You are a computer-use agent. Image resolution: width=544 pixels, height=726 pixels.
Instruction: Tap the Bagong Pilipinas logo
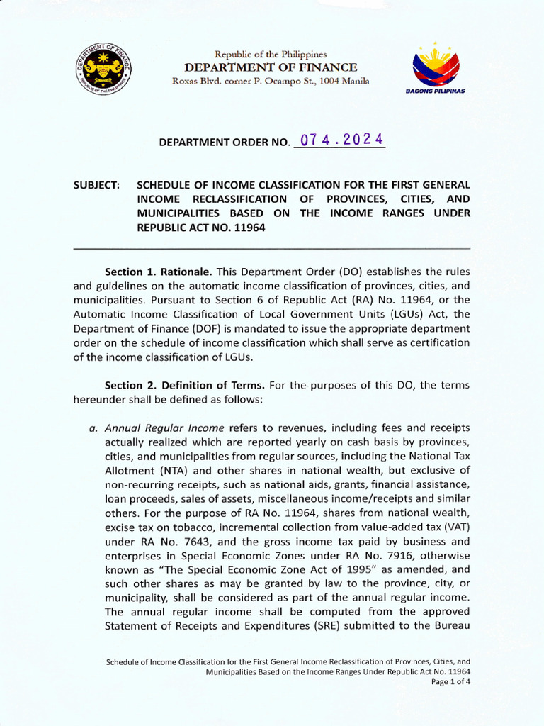(435, 69)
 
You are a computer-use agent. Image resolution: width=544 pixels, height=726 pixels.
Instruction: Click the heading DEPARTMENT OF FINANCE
(271, 67)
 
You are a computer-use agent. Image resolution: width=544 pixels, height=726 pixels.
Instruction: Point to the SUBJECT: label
(97, 184)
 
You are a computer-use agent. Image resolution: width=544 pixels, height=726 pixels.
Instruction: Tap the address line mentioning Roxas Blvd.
(271, 81)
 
